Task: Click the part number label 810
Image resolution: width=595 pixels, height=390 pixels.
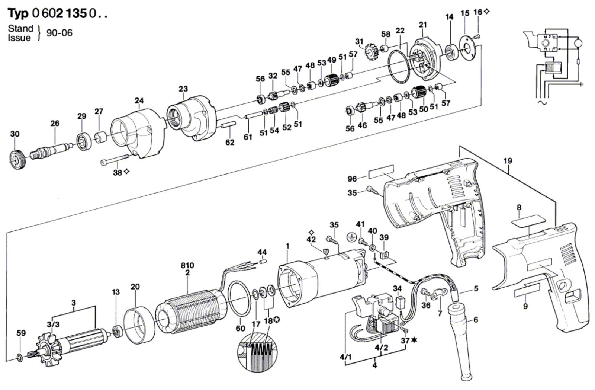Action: (x=187, y=265)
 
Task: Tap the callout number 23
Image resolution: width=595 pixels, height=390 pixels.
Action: (x=183, y=89)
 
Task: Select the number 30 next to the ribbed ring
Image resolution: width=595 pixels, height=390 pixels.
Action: (x=15, y=134)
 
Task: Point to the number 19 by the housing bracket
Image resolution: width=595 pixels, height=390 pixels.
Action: (x=507, y=161)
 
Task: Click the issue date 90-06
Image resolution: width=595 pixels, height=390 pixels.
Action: (x=59, y=33)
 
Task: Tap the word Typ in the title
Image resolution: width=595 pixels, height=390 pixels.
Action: (x=18, y=13)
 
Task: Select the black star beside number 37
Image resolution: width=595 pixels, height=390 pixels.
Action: (x=414, y=340)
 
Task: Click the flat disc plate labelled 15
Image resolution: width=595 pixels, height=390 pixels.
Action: (x=468, y=50)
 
